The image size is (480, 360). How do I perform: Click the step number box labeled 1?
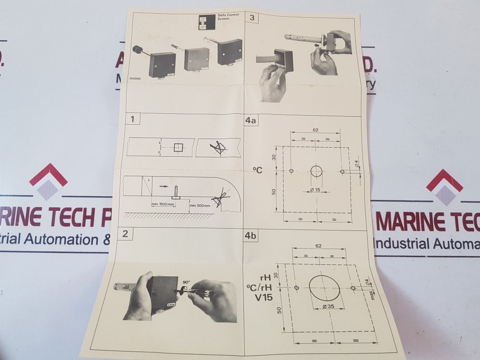point(133,119)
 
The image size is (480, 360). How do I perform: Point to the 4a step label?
point(250,120)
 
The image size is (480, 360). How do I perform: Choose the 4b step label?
point(251,235)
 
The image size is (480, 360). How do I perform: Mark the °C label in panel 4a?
point(258,169)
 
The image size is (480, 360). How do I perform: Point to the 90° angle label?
point(186,281)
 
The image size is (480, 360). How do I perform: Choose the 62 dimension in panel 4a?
point(315,130)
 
